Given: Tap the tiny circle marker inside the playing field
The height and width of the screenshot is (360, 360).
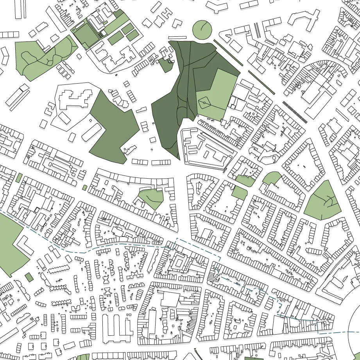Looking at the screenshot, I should click(204, 102).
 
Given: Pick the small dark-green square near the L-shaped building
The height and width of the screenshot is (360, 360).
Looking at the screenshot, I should click(29, 278).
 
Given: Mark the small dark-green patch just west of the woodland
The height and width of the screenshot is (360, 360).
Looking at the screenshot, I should click(165, 65).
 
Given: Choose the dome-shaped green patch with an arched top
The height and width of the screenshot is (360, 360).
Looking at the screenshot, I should click(271, 178).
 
